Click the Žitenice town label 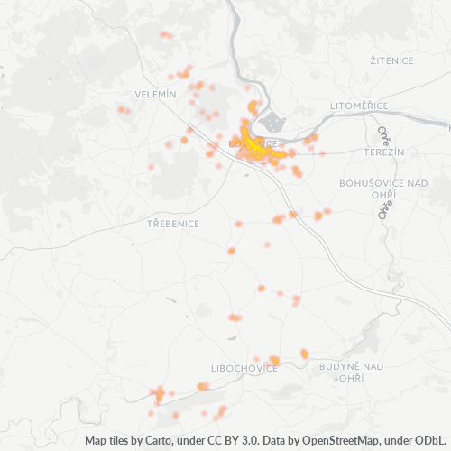(391, 60)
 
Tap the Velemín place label (158, 94)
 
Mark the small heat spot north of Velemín (165, 36)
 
